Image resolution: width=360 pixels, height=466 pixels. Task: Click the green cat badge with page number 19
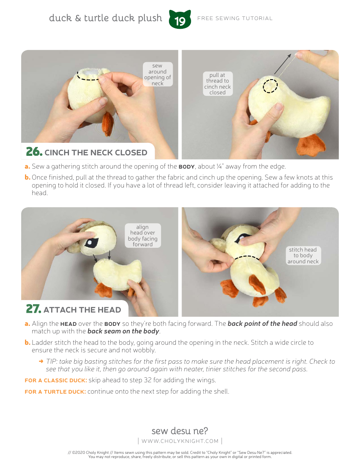(180, 20)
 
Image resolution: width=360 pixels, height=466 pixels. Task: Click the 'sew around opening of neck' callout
(157, 75)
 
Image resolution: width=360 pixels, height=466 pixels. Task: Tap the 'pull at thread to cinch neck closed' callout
(217, 84)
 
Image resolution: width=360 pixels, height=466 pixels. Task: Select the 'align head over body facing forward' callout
(142, 236)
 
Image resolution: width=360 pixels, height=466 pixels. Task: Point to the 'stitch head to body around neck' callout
(303, 255)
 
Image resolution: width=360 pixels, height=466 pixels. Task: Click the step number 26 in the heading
(34, 152)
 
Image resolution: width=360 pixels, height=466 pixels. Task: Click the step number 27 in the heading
(33, 309)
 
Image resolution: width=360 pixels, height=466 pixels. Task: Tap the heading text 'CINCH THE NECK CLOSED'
(96, 153)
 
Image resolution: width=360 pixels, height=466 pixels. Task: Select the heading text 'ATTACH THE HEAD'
(82, 310)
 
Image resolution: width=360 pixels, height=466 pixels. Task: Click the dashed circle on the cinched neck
(271, 86)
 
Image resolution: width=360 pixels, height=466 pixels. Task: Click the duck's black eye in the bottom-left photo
(91, 243)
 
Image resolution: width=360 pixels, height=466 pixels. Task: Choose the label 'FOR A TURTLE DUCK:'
(55, 392)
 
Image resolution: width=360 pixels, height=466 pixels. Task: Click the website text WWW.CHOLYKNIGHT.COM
(180, 441)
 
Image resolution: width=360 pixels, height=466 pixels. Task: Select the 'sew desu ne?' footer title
(180, 431)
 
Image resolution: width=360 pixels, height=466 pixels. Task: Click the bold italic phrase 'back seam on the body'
(123, 331)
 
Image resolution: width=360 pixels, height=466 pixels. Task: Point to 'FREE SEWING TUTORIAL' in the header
(235, 18)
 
